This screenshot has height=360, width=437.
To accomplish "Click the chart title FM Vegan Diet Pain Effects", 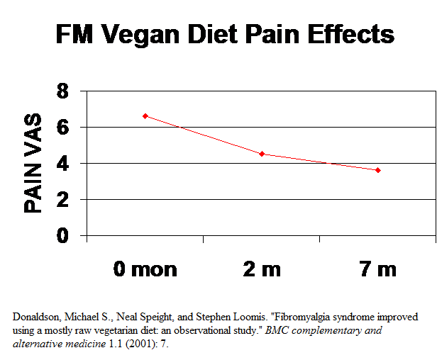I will (225, 33).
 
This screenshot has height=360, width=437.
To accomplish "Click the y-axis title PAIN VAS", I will (33, 164).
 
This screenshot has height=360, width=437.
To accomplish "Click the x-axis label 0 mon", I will (145, 269).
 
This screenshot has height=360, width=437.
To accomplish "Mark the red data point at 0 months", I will (145, 116).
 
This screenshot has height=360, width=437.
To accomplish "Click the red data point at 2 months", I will (262, 154).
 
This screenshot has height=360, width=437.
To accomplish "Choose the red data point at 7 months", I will (378, 170).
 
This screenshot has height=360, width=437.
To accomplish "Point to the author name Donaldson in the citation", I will (35, 317).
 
